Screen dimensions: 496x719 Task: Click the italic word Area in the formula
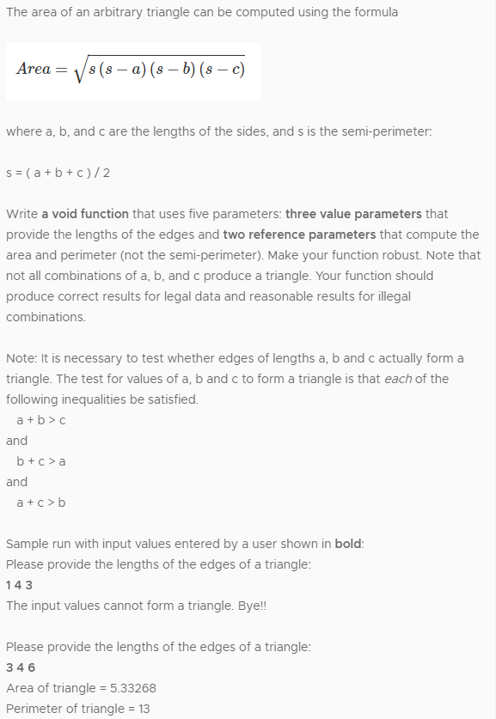pyautogui.click(x=34, y=70)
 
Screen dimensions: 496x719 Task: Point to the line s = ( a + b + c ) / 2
pyautogui.click(x=58, y=173)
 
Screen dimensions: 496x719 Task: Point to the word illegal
pyautogui.click(x=392, y=296)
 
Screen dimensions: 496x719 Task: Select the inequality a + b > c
pyautogui.click(x=41, y=420)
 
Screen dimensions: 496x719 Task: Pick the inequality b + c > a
pyautogui.click(x=41, y=461)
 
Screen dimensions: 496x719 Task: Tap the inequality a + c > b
pyautogui.click(x=41, y=503)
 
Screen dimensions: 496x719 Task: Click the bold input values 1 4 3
pyautogui.click(x=19, y=585)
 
